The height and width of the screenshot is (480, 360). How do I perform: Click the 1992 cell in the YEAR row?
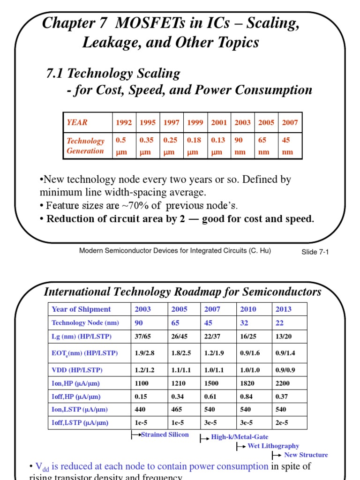coord(124,123)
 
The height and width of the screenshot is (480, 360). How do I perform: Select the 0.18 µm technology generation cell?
coord(195,146)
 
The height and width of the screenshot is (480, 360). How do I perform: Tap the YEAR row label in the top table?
coord(77,123)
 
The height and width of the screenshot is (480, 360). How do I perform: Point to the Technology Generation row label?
coord(85,146)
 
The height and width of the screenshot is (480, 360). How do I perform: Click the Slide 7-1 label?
coord(315,252)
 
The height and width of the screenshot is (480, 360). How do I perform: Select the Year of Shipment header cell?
coord(81,309)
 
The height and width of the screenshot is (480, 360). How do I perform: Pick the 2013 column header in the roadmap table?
coord(284,309)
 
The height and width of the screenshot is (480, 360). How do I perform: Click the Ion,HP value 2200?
coord(283,383)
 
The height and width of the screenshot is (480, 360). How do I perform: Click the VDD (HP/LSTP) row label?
coord(77,370)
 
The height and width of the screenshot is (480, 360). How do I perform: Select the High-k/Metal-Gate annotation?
coord(240,437)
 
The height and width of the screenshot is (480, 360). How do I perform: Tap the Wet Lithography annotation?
coord(273,446)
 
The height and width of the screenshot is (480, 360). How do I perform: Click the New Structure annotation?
coord(306,455)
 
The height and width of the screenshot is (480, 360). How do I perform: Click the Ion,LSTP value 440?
coord(141,409)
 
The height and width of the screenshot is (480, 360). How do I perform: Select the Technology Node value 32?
coord(244,322)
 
